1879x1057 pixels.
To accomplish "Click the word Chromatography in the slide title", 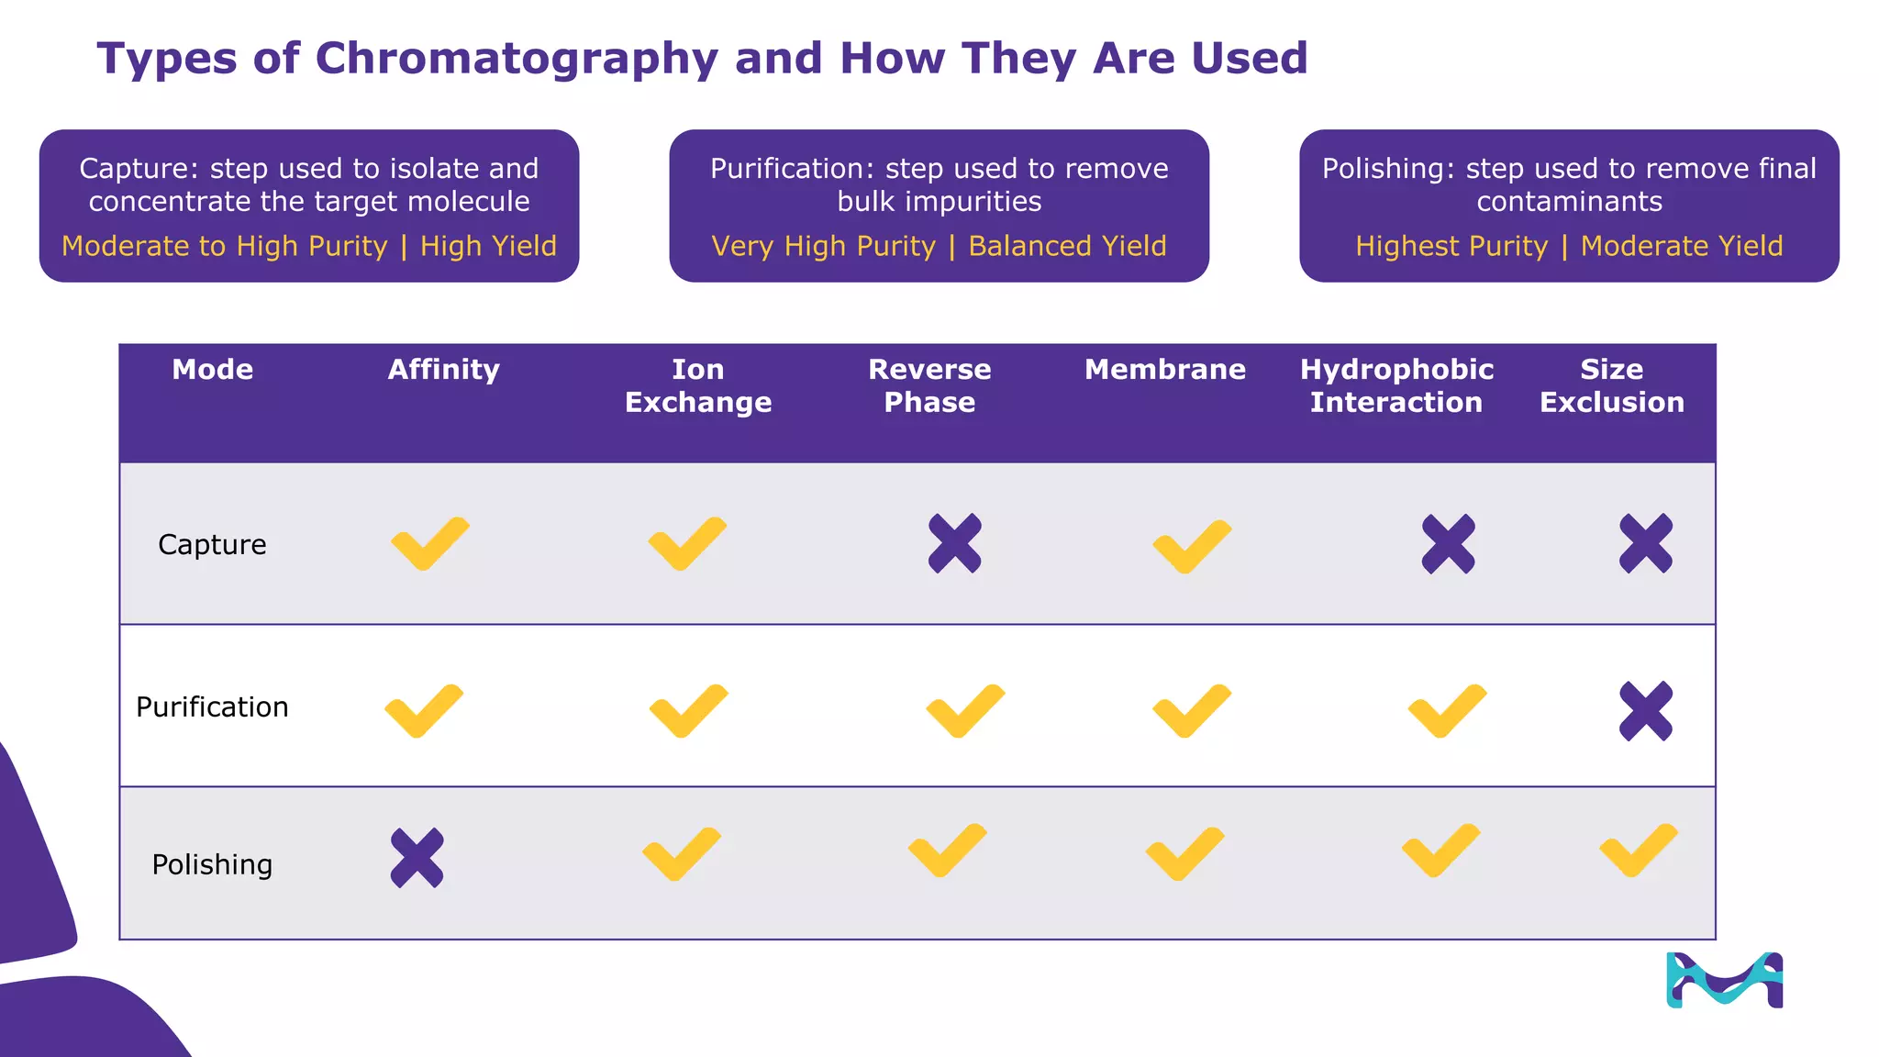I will point(517,60).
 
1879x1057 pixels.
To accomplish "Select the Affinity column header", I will point(443,370).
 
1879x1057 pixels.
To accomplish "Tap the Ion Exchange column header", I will point(697,386).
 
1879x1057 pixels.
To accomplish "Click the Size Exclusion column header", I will point(1611,386).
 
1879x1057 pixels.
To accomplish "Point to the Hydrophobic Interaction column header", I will point(1395,386).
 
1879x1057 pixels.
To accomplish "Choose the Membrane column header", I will point(1164,370).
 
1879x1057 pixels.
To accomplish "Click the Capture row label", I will point(212,545).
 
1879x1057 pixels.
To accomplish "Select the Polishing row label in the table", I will point(212,865).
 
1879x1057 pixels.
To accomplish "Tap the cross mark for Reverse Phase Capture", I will point(954,544).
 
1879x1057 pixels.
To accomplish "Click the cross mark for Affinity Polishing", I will point(417,858).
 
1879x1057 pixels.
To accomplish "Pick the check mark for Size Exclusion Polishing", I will point(1638,851).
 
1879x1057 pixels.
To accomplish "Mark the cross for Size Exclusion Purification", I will point(1645,711).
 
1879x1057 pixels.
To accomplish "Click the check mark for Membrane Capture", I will point(1191,547).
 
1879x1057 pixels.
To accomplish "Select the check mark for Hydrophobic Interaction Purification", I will point(1446,711).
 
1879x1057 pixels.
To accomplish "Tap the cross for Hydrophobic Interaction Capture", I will point(1448,544).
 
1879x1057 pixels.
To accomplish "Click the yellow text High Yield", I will point(488,247).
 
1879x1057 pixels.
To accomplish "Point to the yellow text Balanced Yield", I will point(1067,247).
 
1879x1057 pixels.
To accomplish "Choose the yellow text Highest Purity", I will point(1451,247).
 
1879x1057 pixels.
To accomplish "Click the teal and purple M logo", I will point(1724,981).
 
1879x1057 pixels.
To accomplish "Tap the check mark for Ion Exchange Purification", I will point(688,711).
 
